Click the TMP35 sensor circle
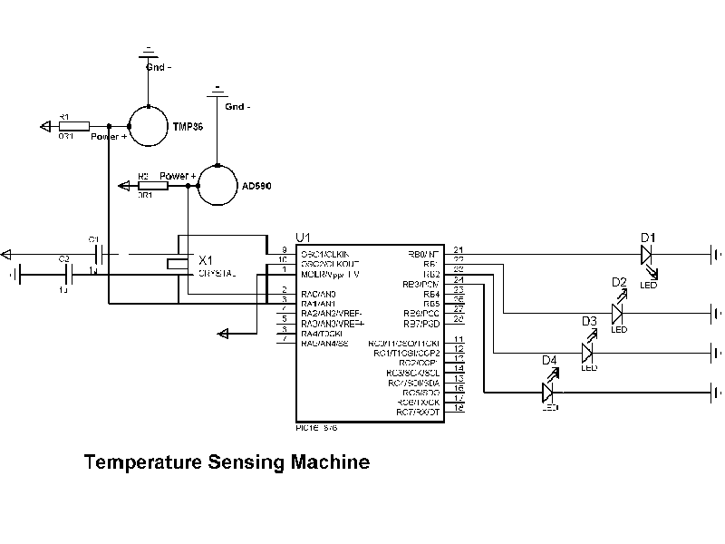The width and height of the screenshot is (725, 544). (x=148, y=124)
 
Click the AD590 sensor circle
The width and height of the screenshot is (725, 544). (x=217, y=185)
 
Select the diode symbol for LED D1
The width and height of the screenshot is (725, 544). (x=646, y=255)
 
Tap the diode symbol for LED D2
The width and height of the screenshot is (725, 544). (x=618, y=313)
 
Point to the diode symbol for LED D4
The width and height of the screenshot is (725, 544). (x=548, y=392)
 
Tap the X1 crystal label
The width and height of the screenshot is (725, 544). (x=206, y=258)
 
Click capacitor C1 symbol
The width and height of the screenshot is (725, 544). (x=101, y=253)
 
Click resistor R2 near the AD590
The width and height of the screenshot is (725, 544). (x=152, y=186)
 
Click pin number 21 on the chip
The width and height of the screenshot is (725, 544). (x=459, y=251)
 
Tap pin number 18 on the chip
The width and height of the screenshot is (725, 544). (x=459, y=409)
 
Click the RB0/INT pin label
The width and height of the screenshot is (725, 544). (x=423, y=254)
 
